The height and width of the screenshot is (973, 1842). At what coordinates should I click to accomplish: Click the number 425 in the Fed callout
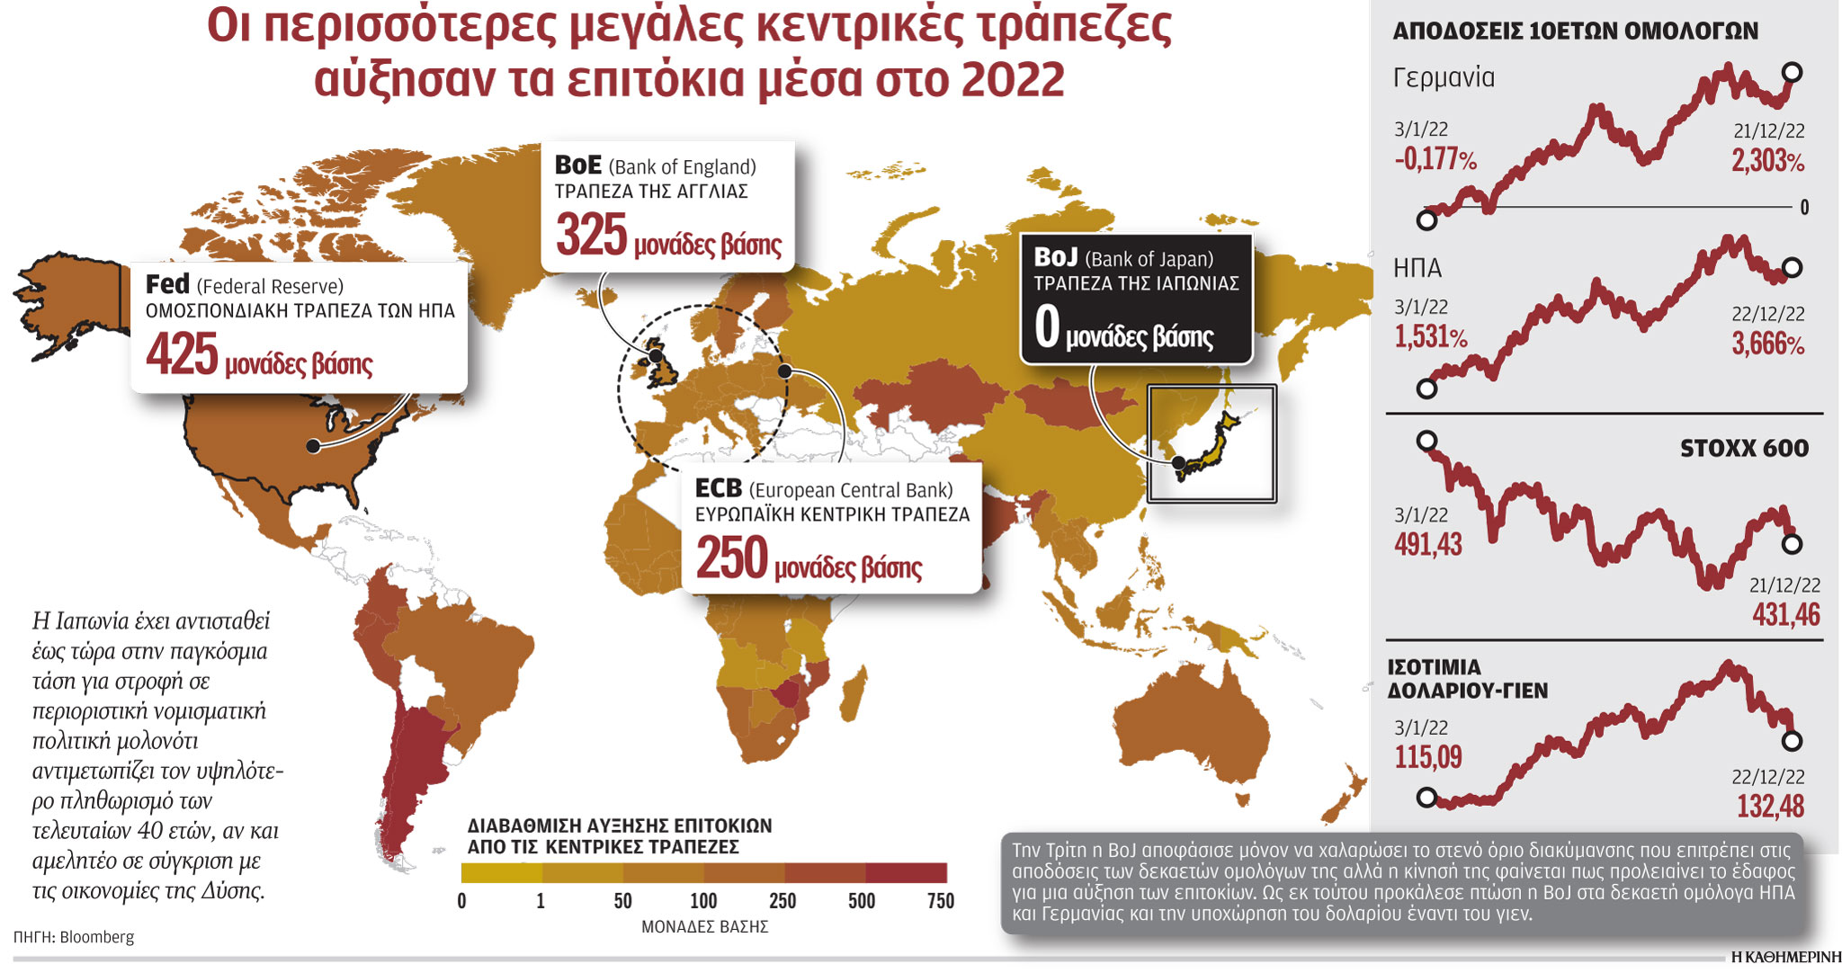click(x=182, y=354)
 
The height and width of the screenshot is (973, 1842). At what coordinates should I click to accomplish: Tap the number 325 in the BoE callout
click(x=591, y=236)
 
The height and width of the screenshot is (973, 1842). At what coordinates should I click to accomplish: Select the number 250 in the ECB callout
click(x=731, y=558)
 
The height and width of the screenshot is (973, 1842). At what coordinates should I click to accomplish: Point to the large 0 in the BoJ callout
click(x=1047, y=326)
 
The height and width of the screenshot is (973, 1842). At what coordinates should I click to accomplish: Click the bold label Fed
click(x=167, y=284)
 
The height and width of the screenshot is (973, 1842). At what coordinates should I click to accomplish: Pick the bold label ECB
click(x=718, y=488)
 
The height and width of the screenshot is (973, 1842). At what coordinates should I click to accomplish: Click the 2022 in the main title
click(x=1013, y=79)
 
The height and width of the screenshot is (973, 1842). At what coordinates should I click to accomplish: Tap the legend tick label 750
click(x=940, y=901)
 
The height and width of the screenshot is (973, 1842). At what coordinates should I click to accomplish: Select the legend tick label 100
click(x=703, y=901)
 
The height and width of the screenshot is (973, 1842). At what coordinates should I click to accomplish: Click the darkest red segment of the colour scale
click(x=906, y=872)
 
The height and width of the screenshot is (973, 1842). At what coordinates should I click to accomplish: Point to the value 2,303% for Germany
click(x=1767, y=161)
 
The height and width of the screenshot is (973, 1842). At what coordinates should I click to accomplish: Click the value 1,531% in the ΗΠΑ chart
click(x=1430, y=337)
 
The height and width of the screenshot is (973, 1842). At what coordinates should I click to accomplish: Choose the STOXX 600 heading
click(x=1743, y=448)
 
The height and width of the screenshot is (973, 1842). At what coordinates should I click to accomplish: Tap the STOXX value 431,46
click(x=1785, y=615)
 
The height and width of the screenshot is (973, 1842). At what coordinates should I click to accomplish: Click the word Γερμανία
click(x=1443, y=78)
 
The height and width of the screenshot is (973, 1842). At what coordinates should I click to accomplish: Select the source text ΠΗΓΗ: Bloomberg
click(x=74, y=937)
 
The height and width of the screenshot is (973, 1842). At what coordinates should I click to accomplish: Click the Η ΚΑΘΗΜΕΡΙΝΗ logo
click(x=1785, y=958)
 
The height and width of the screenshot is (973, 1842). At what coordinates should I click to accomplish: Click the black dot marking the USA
click(x=313, y=446)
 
